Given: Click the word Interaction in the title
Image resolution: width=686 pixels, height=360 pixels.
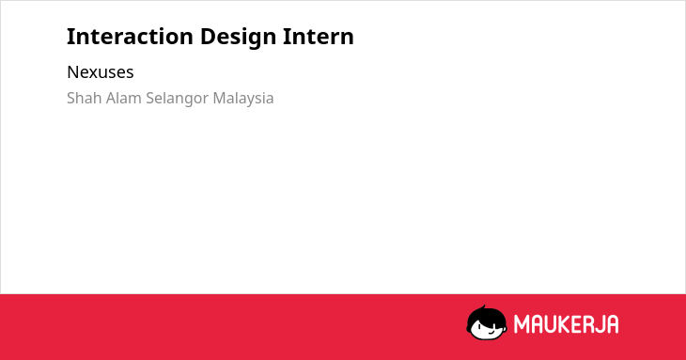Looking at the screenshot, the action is pyautogui.click(x=130, y=37).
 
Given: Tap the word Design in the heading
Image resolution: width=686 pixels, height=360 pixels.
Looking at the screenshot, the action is pyautogui.click(x=238, y=38).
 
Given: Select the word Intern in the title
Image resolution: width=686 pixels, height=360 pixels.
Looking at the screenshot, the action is pyautogui.click(x=318, y=37).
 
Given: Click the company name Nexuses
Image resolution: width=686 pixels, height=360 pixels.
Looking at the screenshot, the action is pyautogui.click(x=101, y=72).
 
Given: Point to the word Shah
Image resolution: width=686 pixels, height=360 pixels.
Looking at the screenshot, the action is pyautogui.click(x=85, y=98).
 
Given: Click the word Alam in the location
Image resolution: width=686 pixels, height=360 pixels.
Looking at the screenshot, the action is pyautogui.click(x=124, y=98).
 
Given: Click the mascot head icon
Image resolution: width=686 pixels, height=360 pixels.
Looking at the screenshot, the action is pyautogui.click(x=487, y=322).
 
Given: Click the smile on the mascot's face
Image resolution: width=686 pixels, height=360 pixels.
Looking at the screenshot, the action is pyautogui.click(x=491, y=332).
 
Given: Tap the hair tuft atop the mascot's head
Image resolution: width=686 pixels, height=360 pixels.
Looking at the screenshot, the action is pyautogui.click(x=483, y=307).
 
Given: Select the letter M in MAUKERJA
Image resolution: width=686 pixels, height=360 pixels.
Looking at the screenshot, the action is pyautogui.click(x=522, y=324).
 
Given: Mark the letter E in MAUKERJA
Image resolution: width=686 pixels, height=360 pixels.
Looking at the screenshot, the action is pyautogui.click(x=577, y=324).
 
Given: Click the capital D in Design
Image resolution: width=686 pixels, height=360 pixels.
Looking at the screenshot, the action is pyautogui.click(x=209, y=37).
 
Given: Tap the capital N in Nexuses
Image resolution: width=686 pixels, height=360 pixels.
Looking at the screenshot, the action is pyautogui.click(x=72, y=72).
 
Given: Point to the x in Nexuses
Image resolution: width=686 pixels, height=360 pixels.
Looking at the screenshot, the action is pyautogui.click(x=94, y=74).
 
